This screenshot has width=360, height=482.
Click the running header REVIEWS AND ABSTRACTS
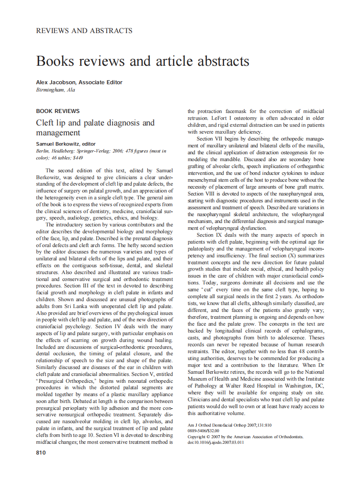(84, 31)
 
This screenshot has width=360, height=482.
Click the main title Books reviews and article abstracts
(143, 61)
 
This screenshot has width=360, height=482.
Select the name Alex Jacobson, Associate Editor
(79, 82)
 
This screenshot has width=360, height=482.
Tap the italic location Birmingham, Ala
(55, 90)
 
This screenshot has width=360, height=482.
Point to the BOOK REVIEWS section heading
(58, 111)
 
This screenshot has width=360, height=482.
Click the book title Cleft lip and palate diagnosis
(95, 123)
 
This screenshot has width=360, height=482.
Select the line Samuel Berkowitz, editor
(66, 144)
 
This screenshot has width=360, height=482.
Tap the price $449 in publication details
(77, 158)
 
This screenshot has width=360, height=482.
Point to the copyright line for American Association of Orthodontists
(245, 436)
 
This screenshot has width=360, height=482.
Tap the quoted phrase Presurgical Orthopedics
(63, 380)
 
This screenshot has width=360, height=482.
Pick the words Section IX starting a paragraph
(209, 235)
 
